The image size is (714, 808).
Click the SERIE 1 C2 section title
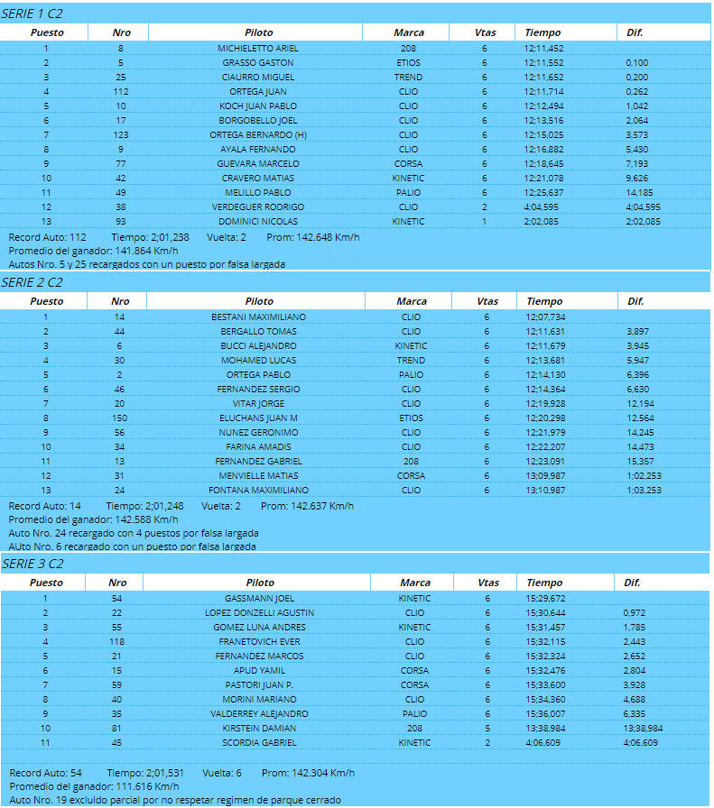[x=32, y=14]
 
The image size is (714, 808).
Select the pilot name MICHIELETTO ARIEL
[x=258, y=49]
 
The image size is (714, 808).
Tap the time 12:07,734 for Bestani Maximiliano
[x=545, y=317]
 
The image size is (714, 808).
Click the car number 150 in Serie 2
[x=120, y=418]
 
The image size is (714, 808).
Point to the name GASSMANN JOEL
[x=259, y=599]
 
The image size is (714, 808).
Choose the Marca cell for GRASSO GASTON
[x=408, y=63]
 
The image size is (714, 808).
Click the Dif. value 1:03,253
[x=643, y=491]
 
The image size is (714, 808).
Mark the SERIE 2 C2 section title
[x=32, y=282]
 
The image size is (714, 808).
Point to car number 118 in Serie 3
[x=116, y=642]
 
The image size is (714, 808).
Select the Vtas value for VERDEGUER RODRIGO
[x=485, y=207]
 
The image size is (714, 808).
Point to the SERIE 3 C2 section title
[x=32, y=564]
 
